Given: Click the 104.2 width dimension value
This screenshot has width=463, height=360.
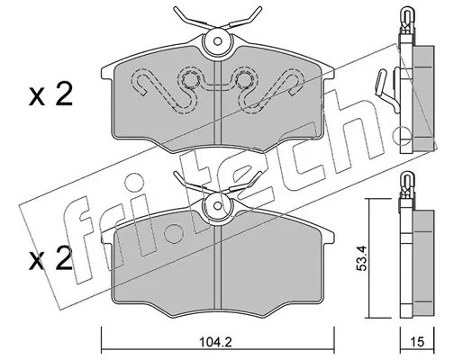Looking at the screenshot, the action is pos(217,342).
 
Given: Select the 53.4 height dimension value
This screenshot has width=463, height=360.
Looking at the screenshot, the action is pos(361,258).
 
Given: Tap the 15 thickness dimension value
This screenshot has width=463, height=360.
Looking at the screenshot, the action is pos(417,342).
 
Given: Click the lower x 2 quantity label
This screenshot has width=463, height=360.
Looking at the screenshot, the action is pos(50,257).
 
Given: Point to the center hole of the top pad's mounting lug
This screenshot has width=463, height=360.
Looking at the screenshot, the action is pos(218,41).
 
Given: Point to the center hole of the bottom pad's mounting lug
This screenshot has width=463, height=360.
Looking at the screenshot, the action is pos(218,205).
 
